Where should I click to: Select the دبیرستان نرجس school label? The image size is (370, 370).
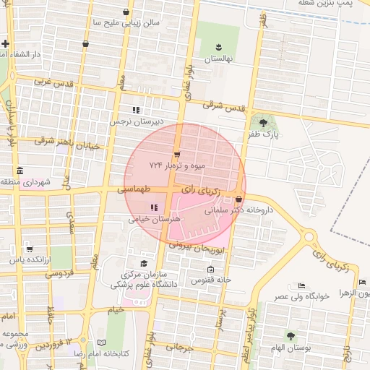(134, 121)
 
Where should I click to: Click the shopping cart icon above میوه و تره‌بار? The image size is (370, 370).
(177, 154)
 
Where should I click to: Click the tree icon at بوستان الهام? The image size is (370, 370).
(291, 336)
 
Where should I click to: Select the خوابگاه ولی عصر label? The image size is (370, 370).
(301, 296)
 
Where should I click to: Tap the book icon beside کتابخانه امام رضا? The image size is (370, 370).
(101, 343)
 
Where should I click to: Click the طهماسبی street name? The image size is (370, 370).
(136, 188)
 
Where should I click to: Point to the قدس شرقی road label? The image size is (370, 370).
(224, 106)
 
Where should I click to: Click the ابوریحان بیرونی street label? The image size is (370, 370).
(199, 248)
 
